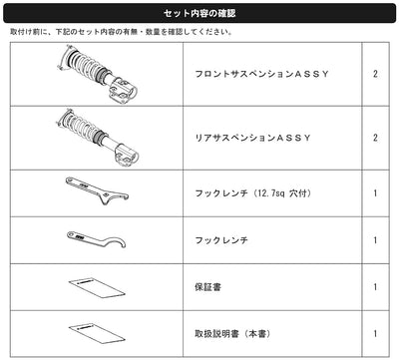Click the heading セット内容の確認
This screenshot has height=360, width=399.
point(199,13)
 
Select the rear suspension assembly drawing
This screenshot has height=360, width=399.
point(98,138)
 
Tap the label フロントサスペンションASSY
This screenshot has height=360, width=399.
point(261,74)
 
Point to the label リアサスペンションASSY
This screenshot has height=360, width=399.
point(252,138)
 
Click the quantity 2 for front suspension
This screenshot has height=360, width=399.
point(375,74)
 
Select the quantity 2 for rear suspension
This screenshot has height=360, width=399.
point(375,138)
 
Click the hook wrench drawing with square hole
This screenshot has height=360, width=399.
point(97,191)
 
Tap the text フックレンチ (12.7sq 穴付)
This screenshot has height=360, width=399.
point(253,193)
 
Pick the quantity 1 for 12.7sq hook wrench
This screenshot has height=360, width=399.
point(375,193)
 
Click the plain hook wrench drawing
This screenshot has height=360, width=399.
point(97,240)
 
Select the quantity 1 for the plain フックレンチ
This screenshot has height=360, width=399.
point(375,240)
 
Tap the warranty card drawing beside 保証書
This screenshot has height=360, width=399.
point(97,287)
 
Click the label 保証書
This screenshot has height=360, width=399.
point(207,287)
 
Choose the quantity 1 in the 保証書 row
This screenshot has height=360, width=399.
point(375,287)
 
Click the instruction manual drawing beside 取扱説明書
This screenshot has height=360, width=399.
point(97,333)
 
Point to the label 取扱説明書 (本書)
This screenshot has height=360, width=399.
point(232,333)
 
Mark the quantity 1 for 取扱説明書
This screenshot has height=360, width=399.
point(375,333)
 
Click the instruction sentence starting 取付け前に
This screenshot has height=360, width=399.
point(121,32)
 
